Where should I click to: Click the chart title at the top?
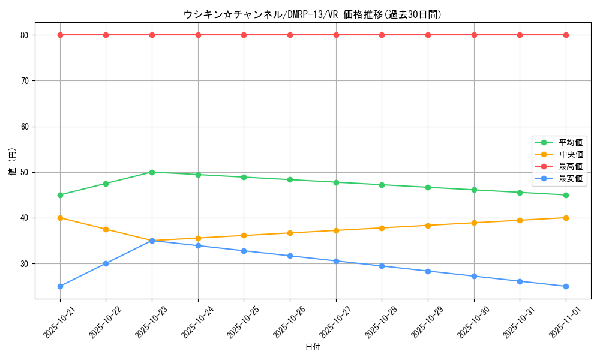click(312, 14)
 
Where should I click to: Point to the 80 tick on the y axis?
click(25, 35)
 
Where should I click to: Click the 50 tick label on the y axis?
click(25, 172)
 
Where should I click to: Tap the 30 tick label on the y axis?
click(25, 264)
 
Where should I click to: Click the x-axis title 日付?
click(313, 347)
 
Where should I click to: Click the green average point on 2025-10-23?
click(152, 172)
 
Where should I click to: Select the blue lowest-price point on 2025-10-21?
click(60, 286)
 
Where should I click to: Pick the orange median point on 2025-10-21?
click(60, 218)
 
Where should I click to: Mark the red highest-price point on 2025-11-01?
click(566, 35)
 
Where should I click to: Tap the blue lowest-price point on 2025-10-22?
click(106, 263)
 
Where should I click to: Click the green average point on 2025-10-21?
click(60, 195)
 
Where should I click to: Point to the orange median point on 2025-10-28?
click(382, 228)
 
